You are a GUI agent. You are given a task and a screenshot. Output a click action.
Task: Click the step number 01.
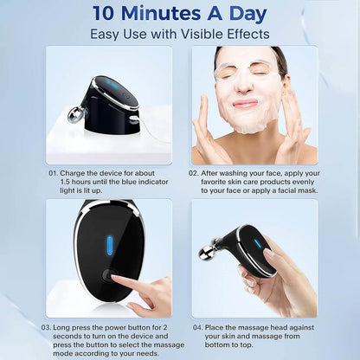[x=55, y=173]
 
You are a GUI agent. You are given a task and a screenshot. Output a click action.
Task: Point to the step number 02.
[x=195, y=173]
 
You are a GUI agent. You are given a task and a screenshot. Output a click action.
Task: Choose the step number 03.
[x=46, y=327]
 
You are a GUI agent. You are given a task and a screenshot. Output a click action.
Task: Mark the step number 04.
[x=198, y=327]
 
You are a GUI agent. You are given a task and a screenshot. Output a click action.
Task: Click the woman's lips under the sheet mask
[x=245, y=104]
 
